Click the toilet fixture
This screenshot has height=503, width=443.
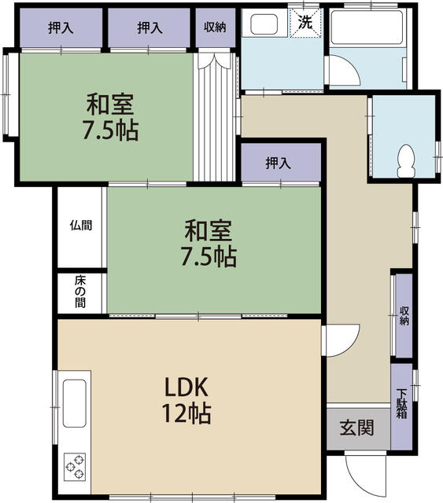(406, 161)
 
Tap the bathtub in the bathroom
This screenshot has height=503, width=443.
(367, 27)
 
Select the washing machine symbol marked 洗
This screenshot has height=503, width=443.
(305, 23)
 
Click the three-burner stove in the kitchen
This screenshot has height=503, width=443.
(75, 467)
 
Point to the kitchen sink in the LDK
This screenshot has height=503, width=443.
(75, 403)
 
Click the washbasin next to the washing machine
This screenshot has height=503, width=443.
(264, 24)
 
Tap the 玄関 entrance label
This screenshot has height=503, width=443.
(357, 428)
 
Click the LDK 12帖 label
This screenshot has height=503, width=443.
(186, 400)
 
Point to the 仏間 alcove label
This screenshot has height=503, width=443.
(81, 226)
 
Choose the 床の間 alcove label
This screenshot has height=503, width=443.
(80, 292)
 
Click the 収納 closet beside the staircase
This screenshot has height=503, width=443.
(216, 28)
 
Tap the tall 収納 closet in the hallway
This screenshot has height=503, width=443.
(404, 316)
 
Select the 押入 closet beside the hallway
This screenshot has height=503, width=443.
(281, 163)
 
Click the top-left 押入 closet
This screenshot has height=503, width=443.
(61, 28)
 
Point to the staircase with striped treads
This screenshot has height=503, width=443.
(215, 117)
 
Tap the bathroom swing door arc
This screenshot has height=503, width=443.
(345, 70)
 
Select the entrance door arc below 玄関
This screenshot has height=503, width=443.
(365, 475)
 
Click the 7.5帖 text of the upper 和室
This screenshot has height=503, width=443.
(111, 130)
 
